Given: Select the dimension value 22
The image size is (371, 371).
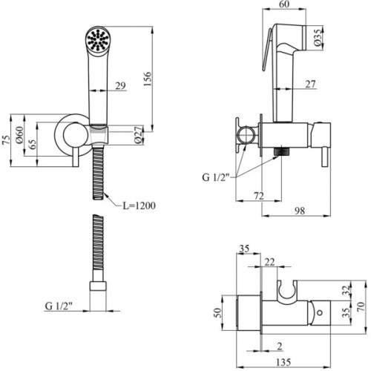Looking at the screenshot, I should point(268,262).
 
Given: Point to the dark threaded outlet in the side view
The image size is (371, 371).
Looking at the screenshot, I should point(281,151).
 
